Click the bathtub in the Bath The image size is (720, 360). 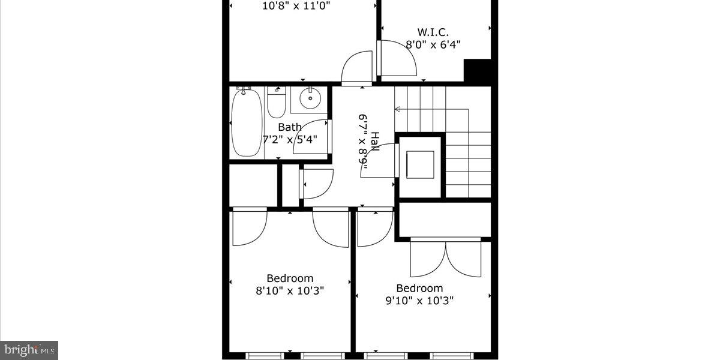click(x=247, y=122)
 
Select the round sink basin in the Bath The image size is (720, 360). click(x=310, y=98)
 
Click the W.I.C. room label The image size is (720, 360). click(x=433, y=32)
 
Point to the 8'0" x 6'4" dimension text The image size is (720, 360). click(x=433, y=44)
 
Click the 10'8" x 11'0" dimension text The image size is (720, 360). click(x=296, y=7)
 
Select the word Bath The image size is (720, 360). click(x=290, y=127)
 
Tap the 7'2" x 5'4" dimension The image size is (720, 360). click(x=290, y=139)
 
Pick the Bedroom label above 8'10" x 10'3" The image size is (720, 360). click(x=290, y=278)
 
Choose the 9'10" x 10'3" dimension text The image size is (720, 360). click(x=419, y=300)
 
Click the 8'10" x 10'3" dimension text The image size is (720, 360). click(x=290, y=290)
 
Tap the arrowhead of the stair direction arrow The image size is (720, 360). click(x=397, y=109)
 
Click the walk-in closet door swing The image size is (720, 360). click(x=397, y=58)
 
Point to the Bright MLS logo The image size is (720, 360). click(x=29, y=349)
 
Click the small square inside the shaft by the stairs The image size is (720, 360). click(x=420, y=164)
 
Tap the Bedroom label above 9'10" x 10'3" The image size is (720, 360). click(x=419, y=288)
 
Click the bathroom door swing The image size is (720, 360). click(x=311, y=138)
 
